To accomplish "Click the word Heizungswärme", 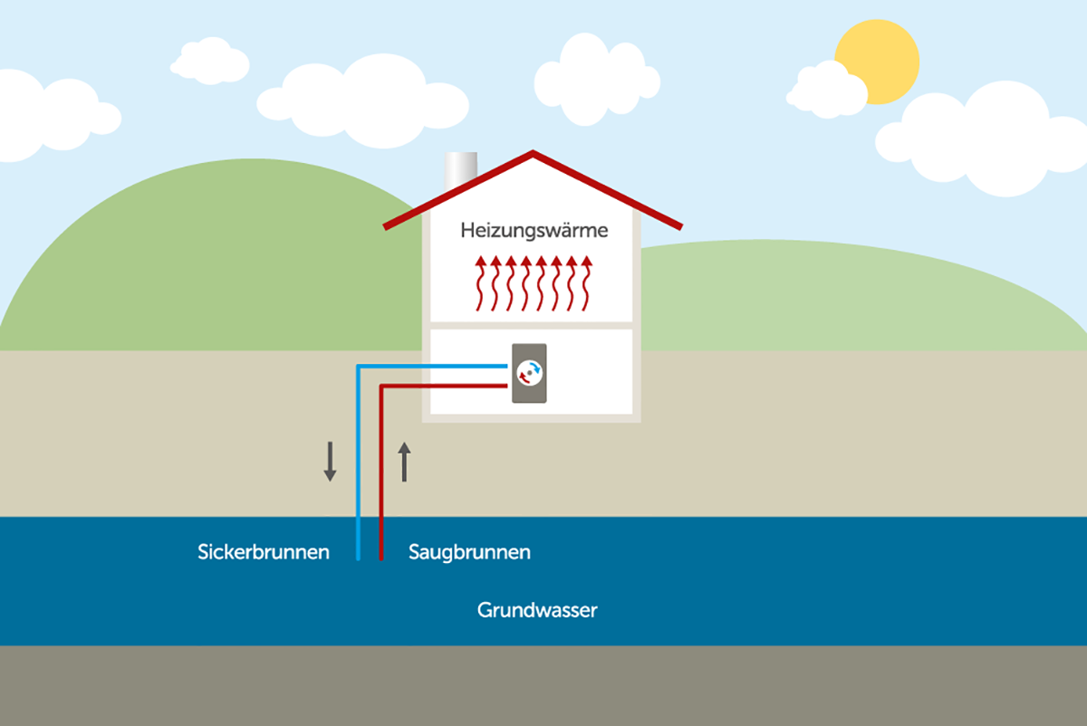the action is click(534, 231).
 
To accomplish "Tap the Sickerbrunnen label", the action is click(264, 552).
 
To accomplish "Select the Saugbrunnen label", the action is click(470, 553).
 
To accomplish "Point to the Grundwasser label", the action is click(537, 610).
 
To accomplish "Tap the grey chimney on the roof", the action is click(460, 170).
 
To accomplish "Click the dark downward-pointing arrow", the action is click(331, 461).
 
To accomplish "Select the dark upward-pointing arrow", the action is click(404, 463).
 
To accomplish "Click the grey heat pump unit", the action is click(529, 374).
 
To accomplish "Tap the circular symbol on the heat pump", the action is click(529, 374).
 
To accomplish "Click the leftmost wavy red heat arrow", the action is click(480, 283).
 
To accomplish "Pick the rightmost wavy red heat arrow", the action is click(586, 283).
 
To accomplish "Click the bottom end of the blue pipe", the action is click(358, 559).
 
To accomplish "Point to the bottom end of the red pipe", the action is click(381, 559).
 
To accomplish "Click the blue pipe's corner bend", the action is click(359, 367).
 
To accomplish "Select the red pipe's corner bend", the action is click(382, 387).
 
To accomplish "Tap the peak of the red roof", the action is click(533, 152).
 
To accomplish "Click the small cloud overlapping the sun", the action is click(826, 91).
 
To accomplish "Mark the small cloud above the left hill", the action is click(210, 61).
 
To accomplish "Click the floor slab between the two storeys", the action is click(532, 325).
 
